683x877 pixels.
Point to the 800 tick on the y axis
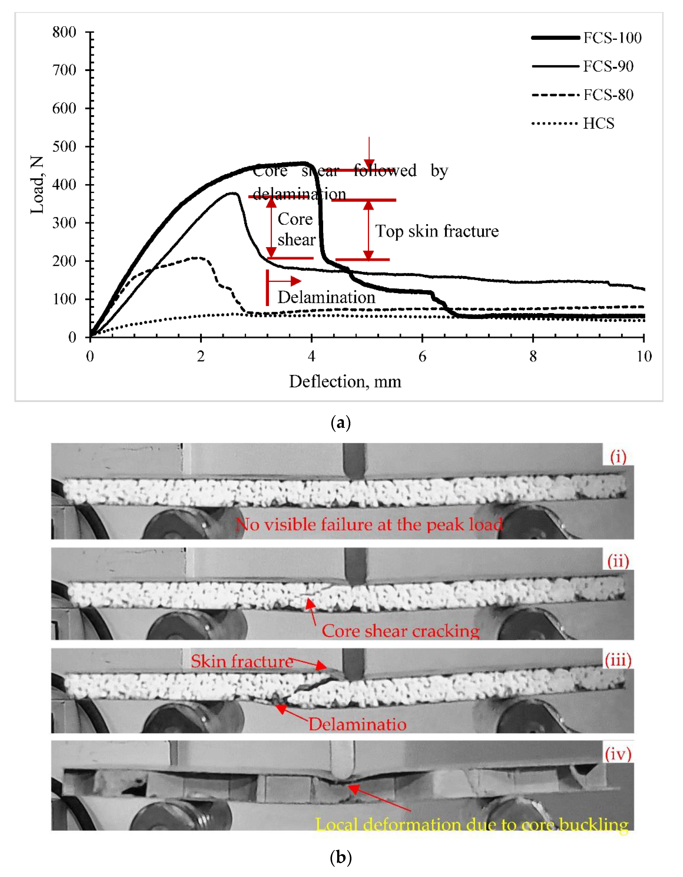(64, 32)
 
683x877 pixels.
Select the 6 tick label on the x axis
(422, 356)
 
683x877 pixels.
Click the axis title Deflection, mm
(345, 382)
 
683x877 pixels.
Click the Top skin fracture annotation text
(437, 231)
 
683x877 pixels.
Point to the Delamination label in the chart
(326, 297)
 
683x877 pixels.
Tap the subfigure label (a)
(341, 423)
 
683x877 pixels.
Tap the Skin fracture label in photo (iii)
(242, 661)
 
